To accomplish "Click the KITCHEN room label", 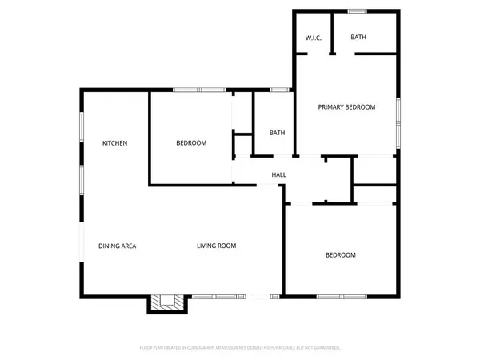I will (x=114, y=143).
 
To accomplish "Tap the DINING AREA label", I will (x=117, y=246).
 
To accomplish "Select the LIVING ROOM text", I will (x=216, y=246).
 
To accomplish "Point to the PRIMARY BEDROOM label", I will (x=346, y=107).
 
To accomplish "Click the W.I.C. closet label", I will (x=313, y=38).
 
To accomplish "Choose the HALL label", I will (x=278, y=175).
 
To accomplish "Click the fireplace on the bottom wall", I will (x=167, y=302).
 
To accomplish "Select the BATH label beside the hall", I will (x=277, y=133).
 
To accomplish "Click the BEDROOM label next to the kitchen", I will (x=191, y=143).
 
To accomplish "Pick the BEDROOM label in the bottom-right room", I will (x=340, y=255).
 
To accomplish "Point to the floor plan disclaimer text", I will (x=240, y=348).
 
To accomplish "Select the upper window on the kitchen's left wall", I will (x=81, y=130).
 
